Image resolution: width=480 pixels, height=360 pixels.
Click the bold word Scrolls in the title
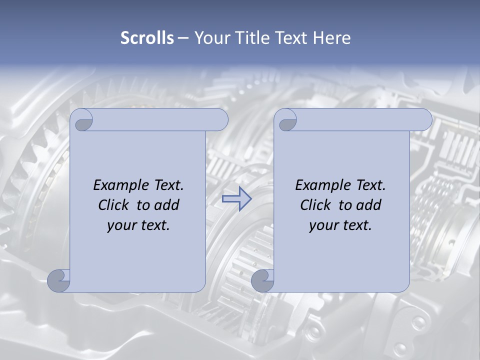147,38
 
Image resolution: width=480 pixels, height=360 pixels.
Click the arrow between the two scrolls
236,199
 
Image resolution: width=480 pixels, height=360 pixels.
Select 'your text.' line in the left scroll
138,225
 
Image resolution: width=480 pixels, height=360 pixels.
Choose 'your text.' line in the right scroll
340,225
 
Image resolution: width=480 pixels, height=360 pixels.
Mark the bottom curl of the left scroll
58,280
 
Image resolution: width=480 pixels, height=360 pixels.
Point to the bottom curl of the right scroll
262,280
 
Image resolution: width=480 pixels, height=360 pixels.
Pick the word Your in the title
210,38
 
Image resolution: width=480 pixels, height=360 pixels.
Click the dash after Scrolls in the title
182,38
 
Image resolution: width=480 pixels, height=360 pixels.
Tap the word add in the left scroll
167,205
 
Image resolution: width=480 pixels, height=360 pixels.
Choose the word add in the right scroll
369,205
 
